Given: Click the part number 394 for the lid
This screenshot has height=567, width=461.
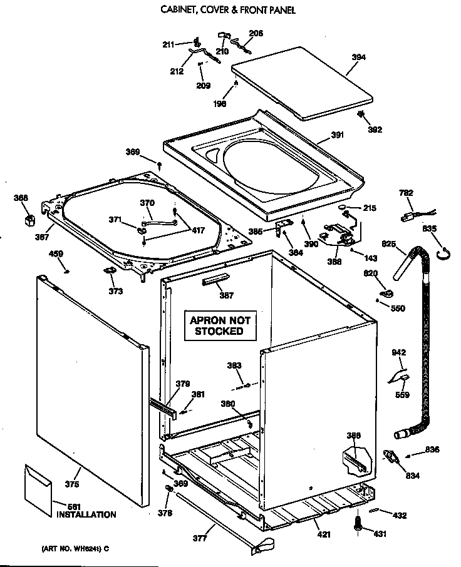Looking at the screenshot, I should [358, 58].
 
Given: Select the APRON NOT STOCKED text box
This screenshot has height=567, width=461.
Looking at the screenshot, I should [220, 325].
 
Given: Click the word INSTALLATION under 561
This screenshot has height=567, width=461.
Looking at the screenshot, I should [86, 515].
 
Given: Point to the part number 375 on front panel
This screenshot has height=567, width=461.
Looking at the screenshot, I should [72, 484].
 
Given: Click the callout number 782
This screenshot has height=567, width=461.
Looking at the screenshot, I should [405, 193].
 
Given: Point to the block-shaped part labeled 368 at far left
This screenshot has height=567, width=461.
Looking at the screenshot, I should [29, 220].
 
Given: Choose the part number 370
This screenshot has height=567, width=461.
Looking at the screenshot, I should [147, 203].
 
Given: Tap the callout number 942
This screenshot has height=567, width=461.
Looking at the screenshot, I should [399, 353].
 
